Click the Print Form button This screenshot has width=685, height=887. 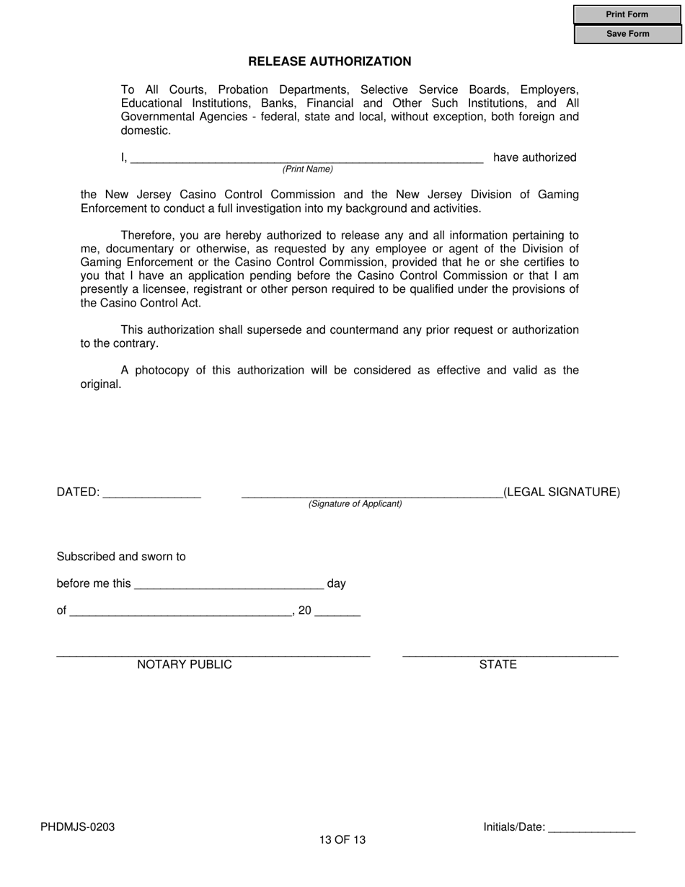point(627,14)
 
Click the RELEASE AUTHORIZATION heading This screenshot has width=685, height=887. point(330,62)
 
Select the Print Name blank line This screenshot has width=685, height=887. point(307,159)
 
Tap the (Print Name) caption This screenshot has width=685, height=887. point(307,169)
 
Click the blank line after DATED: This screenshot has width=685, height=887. point(151,493)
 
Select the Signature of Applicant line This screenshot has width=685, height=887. point(371,493)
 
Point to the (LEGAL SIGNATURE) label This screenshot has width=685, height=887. point(561,493)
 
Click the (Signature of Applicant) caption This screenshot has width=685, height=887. point(355,504)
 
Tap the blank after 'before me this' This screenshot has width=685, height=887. point(229,584)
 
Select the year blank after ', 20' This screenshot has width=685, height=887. point(337,612)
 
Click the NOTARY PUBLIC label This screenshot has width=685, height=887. point(185,665)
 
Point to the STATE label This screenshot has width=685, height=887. point(498,665)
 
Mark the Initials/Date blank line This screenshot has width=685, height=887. point(591,829)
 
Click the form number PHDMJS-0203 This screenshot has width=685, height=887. point(78,827)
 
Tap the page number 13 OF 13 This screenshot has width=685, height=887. point(342,840)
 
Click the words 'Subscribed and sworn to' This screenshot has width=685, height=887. point(121,557)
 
